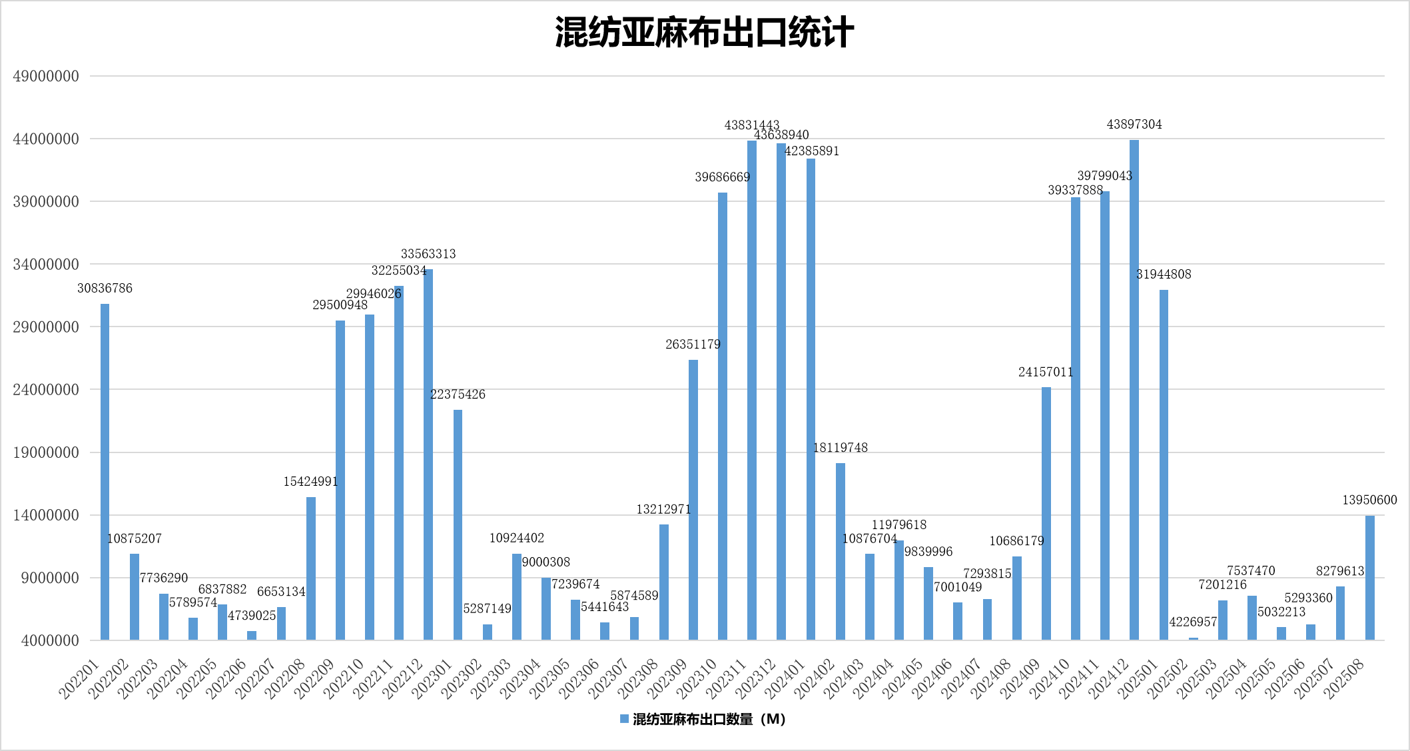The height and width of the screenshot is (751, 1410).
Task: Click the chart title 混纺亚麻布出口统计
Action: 704,33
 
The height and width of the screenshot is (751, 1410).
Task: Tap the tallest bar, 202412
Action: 1134,390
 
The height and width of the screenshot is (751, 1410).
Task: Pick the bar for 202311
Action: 751,390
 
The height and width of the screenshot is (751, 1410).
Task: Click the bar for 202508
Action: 1369,578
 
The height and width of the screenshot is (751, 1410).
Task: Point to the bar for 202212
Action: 428,454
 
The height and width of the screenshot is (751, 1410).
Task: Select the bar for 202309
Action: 693,500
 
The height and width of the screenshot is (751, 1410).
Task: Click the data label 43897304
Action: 1134,125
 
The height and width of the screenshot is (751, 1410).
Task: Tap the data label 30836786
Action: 105,289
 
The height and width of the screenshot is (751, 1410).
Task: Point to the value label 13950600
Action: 1369,500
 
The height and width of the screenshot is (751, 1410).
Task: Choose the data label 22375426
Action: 458,394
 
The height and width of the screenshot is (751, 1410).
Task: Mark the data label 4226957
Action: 1193,622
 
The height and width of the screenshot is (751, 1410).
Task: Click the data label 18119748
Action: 840,448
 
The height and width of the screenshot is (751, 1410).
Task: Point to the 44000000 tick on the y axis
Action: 46,139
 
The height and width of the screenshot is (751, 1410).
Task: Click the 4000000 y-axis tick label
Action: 50,640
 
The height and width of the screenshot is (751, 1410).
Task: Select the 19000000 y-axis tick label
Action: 46,452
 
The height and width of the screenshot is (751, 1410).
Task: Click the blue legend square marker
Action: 624,719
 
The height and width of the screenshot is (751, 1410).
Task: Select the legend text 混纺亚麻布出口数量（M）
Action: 709,719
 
